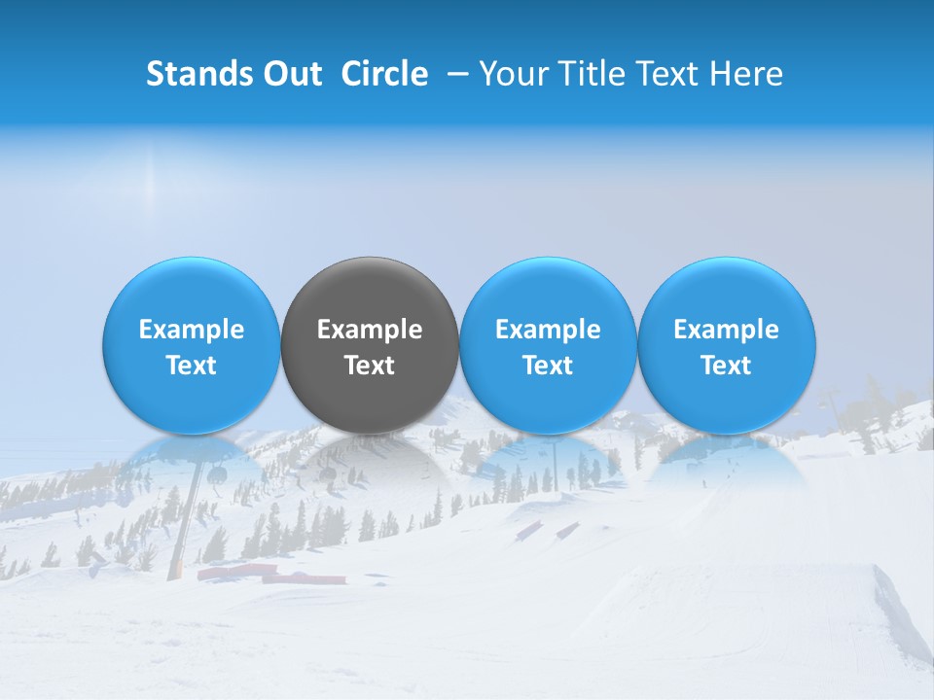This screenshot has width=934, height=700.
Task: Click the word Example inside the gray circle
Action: pos(370,330)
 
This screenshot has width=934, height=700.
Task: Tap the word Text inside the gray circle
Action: pos(370,366)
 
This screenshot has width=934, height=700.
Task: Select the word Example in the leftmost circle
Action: pos(191,330)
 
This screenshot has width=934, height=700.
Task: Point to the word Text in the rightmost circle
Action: pos(726,366)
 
